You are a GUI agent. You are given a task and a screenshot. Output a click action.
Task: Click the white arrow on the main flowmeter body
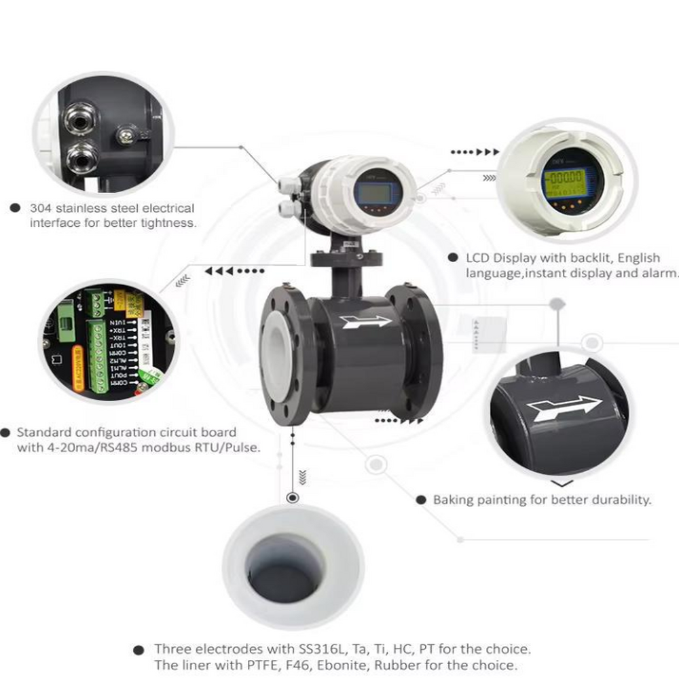pyautogui.click(x=367, y=321)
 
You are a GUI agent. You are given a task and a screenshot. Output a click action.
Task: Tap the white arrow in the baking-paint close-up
pyautogui.click(x=564, y=408)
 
